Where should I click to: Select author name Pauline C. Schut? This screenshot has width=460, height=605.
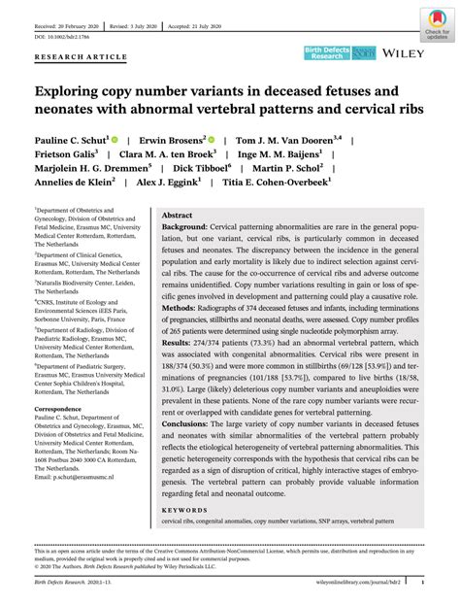[72, 139]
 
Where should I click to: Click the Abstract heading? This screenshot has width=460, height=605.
[177, 215]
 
